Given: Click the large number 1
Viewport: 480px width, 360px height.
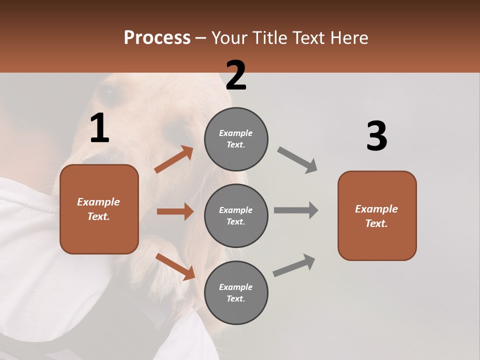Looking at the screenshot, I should [99, 128].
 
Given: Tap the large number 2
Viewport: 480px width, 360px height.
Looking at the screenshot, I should [236, 75].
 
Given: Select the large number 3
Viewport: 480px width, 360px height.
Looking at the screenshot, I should [377, 136].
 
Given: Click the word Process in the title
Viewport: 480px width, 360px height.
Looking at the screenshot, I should [157, 37].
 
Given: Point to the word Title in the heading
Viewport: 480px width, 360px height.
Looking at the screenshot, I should [269, 37].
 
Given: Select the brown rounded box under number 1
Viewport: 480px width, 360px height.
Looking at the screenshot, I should [99, 209].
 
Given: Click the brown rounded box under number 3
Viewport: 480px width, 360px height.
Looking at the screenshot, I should [377, 216].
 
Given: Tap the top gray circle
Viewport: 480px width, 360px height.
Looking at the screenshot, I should [236, 139].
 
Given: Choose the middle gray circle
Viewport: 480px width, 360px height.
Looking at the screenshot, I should [236, 215].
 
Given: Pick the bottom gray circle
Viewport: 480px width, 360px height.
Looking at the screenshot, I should [236, 292].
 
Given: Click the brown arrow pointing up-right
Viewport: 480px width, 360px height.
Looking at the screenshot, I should [174, 159].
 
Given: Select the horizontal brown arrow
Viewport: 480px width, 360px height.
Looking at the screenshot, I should [175, 211].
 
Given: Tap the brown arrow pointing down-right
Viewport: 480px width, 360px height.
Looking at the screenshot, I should [175, 266].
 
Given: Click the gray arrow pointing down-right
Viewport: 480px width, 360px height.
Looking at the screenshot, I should [297, 159].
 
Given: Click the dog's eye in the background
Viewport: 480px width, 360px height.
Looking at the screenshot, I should [107, 91].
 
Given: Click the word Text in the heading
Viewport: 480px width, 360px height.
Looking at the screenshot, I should [306, 37].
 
